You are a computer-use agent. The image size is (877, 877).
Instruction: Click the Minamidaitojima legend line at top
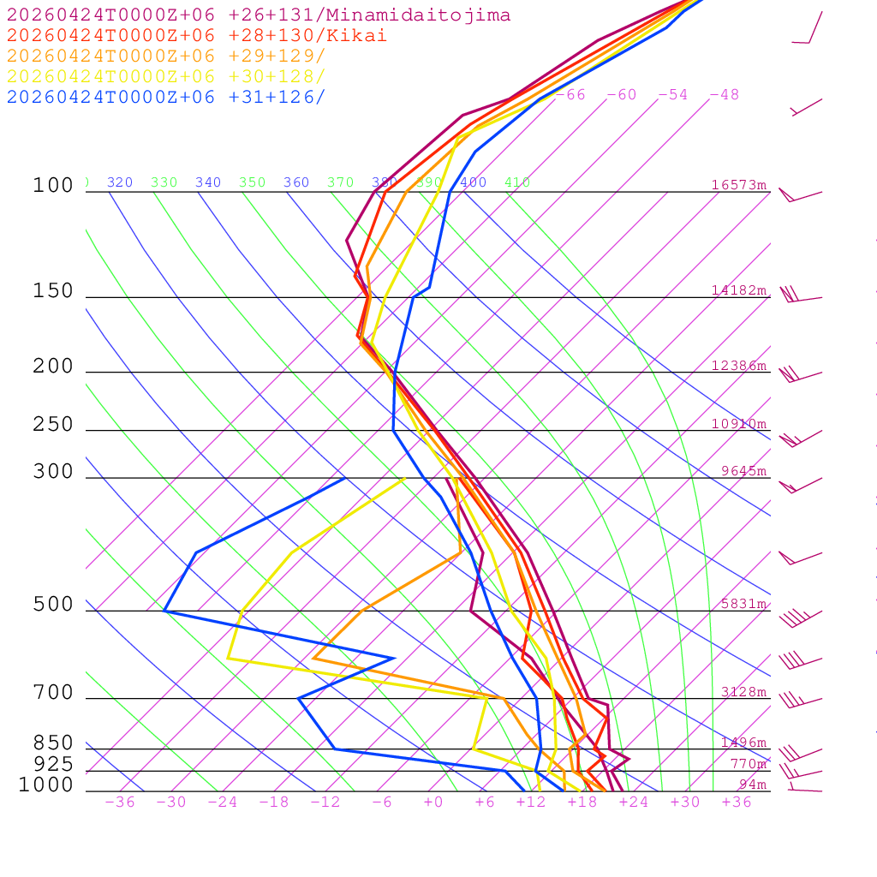[x=259, y=15]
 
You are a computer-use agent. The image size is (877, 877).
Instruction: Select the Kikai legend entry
[x=197, y=36]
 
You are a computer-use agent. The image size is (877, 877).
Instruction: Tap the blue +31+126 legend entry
[x=166, y=97]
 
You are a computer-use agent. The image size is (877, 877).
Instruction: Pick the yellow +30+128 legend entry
[x=166, y=76]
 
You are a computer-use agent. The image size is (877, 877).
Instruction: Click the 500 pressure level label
[x=53, y=605]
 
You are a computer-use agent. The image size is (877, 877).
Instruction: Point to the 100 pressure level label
[x=53, y=185]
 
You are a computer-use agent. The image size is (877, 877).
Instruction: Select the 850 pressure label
[x=53, y=743]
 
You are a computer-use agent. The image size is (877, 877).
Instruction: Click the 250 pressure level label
[x=53, y=425]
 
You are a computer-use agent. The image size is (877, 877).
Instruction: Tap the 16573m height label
[x=738, y=185]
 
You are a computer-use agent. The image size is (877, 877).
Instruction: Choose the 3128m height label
[x=743, y=692]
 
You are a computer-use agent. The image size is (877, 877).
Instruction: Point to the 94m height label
[x=753, y=785]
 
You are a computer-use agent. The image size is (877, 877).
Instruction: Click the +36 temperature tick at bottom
[x=737, y=802]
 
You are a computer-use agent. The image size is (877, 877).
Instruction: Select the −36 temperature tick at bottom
[x=120, y=802]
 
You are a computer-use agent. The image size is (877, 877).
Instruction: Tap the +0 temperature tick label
[x=433, y=802]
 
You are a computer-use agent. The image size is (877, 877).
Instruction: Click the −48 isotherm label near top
[x=724, y=94]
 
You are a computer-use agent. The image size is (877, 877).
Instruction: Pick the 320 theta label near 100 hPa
[x=120, y=182]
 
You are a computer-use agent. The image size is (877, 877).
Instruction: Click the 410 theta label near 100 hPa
[x=517, y=182]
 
